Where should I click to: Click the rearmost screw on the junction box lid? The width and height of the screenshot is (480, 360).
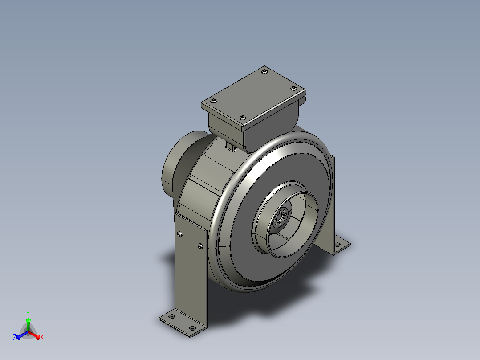[264, 71]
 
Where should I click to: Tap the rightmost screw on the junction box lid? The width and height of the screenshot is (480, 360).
[293, 88]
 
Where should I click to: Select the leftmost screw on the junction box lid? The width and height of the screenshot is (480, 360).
[213, 101]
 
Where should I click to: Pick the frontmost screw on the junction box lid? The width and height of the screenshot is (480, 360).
[242, 118]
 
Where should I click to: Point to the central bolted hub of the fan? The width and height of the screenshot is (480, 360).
[280, 218]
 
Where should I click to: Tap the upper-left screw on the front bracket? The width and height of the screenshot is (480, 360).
[180, 234]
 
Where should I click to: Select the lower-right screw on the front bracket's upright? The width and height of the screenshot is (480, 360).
[200, 246]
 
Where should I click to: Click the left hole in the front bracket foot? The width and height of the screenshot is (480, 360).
[172, 316]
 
